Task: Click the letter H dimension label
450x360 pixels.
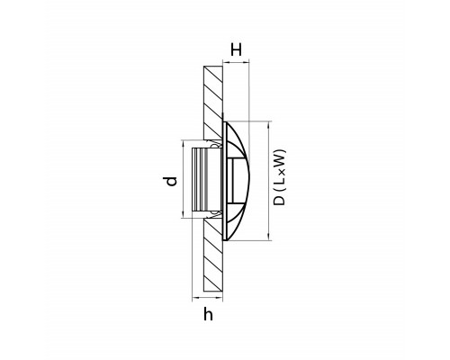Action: (236, 49)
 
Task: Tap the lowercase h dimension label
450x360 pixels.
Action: (208, 314)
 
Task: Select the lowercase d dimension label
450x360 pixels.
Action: (171, 182)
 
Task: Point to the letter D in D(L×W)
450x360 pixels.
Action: (280, 201)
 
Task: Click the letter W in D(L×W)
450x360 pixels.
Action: (280, 157)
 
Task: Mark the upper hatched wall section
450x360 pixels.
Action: (213, 103)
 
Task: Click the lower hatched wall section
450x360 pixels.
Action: (213, 256)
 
